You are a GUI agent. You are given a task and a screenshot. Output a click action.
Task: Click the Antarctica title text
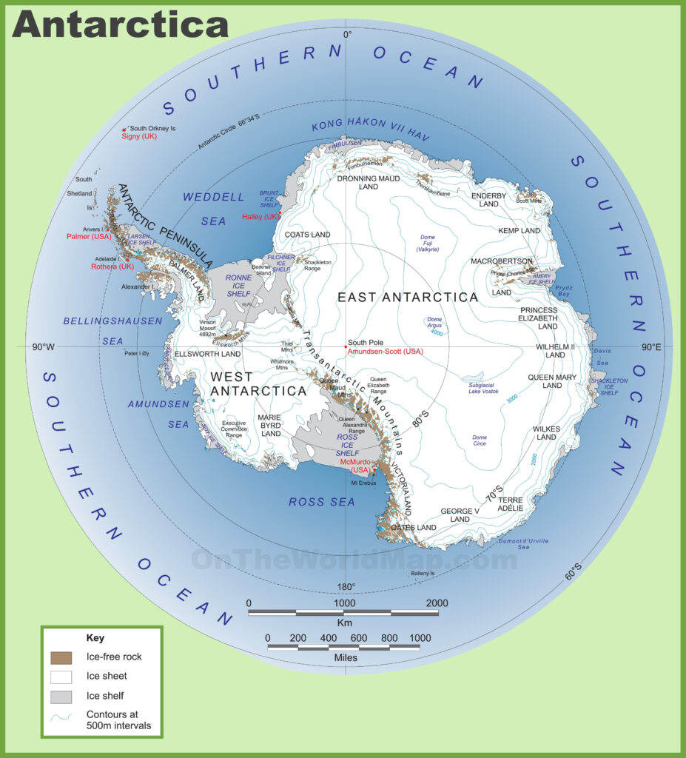pos(120,24)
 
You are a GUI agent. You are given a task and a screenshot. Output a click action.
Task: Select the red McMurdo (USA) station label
pos(354,466)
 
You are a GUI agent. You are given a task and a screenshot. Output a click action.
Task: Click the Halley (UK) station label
pos(261,216)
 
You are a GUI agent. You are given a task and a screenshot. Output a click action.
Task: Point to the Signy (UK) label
pos(139,136)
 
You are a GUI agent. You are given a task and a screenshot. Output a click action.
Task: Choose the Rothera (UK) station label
pos(112,266)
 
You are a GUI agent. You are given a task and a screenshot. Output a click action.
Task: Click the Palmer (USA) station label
pos(88,236)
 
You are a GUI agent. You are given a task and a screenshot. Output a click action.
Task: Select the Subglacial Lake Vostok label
pos(483,387)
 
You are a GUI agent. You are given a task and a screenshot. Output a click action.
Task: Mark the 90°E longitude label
pos(651,346)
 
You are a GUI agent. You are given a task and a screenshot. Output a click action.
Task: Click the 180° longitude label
pos(346,587)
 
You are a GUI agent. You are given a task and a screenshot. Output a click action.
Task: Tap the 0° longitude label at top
pos(346,34)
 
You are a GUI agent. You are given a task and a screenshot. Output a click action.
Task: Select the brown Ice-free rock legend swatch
pos(61,657)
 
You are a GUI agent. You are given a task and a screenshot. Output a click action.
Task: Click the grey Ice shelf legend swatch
pos(61,697)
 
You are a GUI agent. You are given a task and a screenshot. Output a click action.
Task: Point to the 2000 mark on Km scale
pos(437,603)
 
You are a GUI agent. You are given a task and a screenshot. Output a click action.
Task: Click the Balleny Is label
pos(423,574)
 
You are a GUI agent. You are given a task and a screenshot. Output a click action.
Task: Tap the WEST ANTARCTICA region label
pos(258,383)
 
